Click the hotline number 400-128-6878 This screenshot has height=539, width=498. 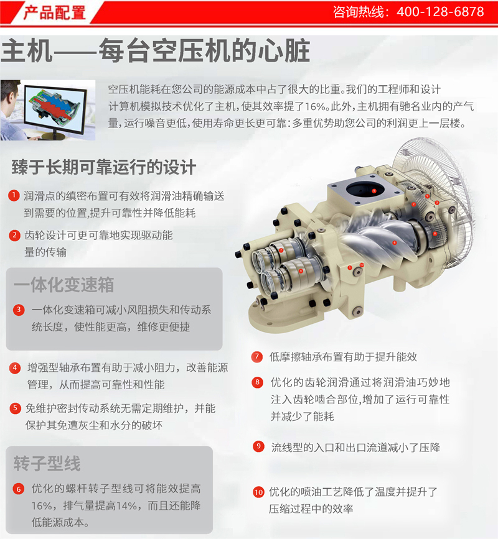click(x=440, y=12)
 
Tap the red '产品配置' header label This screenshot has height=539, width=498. click(x=54, y=12)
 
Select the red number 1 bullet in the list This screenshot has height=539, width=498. click(x=14, y=195)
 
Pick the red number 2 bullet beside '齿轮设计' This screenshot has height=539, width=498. click(x=14, y=236)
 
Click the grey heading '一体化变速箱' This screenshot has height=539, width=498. click(x=64, y=284)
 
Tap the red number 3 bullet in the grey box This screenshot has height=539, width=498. click(x=19, y=310)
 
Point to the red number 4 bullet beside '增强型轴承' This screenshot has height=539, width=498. click(x=14, y=368)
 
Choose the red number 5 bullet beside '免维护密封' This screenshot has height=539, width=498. click(x=15, y=408)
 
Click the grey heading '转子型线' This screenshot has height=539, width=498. click(x=47, y=463)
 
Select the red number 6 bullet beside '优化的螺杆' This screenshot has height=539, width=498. click(x=19, y=489)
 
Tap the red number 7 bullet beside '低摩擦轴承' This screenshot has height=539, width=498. click(x=256, y=356)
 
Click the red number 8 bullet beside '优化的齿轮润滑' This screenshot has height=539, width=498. click(x=257, y=382)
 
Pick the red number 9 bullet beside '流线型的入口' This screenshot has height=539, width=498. click(x=258, y=446)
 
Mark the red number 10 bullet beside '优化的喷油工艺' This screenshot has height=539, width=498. click(x=258, y=492)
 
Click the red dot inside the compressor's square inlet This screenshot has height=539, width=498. click(x=374, y=191)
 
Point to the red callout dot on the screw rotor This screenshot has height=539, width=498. click(x=395, y=242)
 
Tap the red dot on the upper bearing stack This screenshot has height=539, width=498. click(x=281, y=251)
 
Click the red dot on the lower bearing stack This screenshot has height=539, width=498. click(x=301, y=270)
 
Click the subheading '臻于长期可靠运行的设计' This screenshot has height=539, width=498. click(x=103, y=167)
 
